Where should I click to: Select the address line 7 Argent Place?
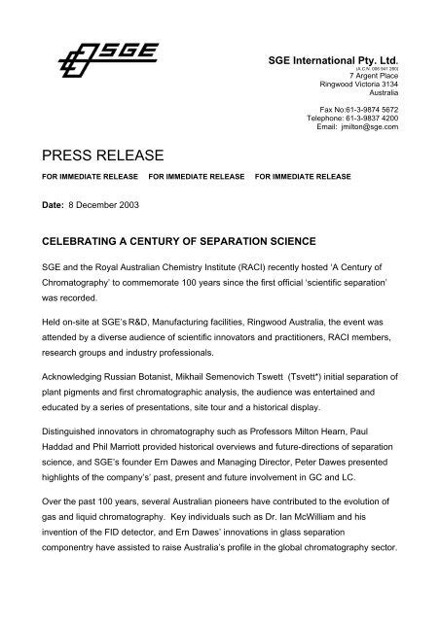coord(393,75)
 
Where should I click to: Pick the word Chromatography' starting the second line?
coord(73,282)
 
